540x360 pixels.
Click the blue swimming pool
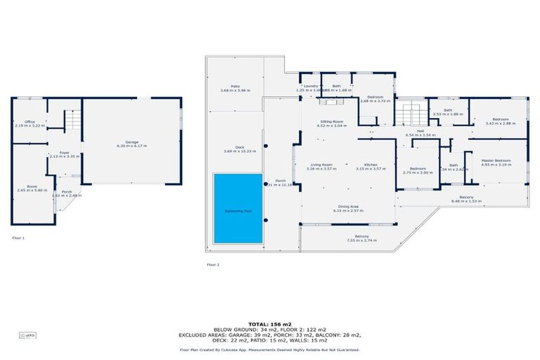tap(238, 208)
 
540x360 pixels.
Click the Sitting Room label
tap(332, 123)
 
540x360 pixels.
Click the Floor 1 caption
tap(18, 238)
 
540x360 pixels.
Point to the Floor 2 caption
tap(213, 264)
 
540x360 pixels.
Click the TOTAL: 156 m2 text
tap(270, 325)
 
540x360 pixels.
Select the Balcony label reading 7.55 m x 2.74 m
tap(361, 238)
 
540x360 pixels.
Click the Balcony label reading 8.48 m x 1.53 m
tap(466, 199)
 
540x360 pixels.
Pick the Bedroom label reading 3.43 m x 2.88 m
tap(500, 121)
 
